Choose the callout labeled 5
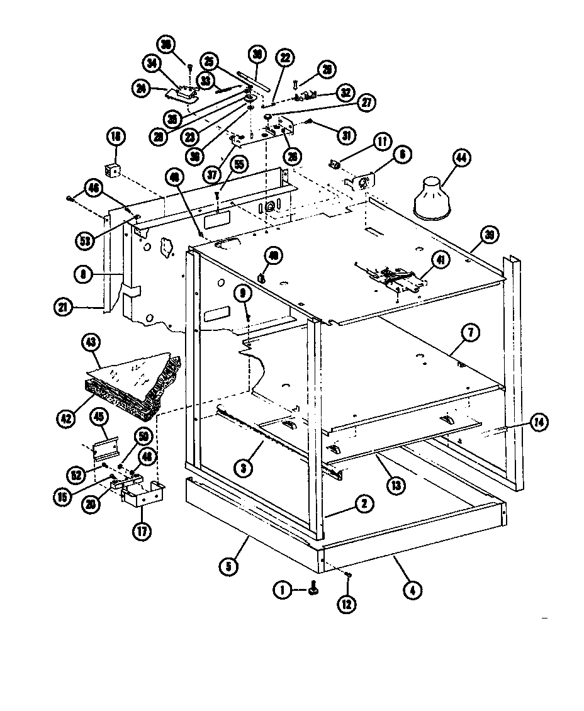pyautogui.click(x=229, y=566)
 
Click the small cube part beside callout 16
pyautogui.click(x=113, y=171)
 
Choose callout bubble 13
pyautogui.click(x=396, y=485)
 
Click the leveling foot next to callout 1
pyautogui.click(x=313, y=590)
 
